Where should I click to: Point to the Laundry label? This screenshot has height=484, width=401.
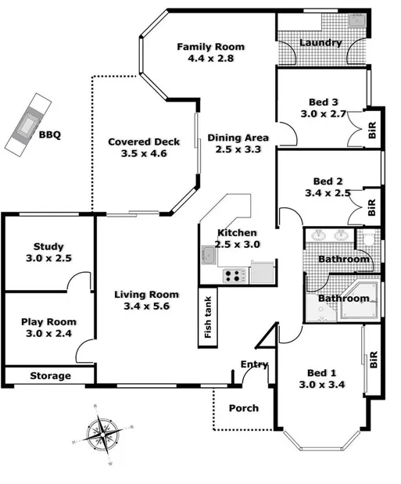click(x=320, y=43)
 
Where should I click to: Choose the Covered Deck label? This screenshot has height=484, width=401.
click(x=144, y=142)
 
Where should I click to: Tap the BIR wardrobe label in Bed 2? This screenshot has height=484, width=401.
click(x=372, y=207)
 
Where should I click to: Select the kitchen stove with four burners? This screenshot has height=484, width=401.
click(x=233, y=274)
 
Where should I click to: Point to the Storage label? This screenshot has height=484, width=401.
click(x=51, y=376)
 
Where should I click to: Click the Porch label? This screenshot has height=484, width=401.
click(x=243, y=408)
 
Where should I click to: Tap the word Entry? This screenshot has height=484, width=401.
click(x=254, y=364)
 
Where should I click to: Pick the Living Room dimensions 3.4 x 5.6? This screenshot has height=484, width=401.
click(x=146, y=307)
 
